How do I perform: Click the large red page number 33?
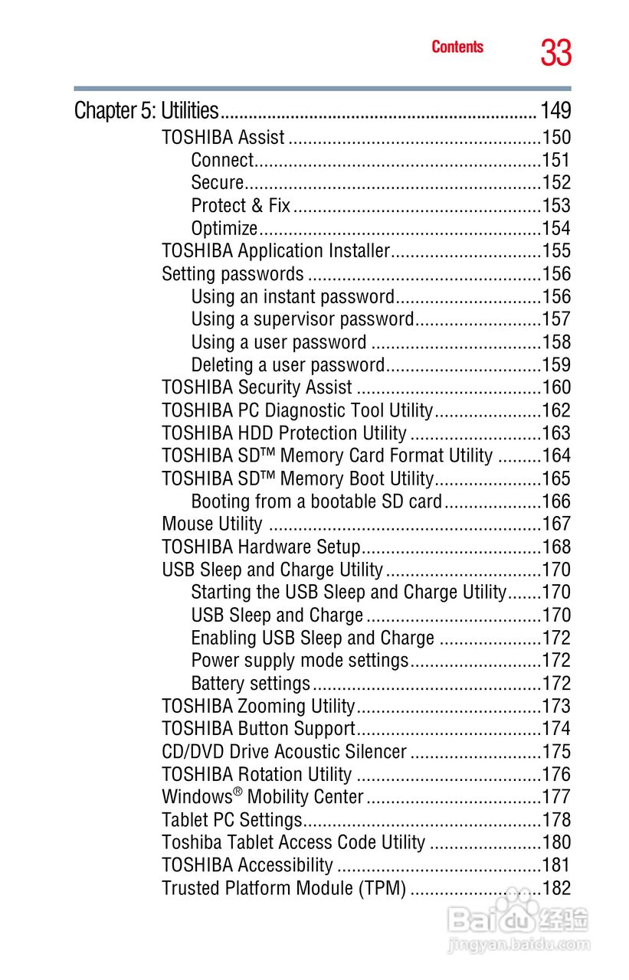tap(555, 53)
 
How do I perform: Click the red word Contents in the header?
tap(457, 47)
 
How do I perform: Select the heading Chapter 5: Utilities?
tap(146, 111)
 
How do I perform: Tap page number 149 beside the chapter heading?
tap(555, 111)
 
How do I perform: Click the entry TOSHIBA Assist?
tap(223, 138)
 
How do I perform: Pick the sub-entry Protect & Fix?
tap(241, 206)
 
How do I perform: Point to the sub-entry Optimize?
tap(224, 229)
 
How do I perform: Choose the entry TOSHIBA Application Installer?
tap(276, 251)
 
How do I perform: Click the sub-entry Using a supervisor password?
tap(302, 319)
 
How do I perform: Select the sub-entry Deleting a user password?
tap(287, 365)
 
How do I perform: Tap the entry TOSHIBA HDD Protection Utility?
tap(284, 433)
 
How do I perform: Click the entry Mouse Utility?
tap(212, 524)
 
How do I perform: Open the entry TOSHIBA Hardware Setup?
tap(260, 547)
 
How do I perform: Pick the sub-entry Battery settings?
tap(251, 684)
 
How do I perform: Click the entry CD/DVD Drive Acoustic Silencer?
tap(284, 752)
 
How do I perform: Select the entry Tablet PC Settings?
tap(232, 820)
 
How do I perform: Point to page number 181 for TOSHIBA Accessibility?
tap(556, 866)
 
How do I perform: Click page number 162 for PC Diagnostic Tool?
tap(556, 410)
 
